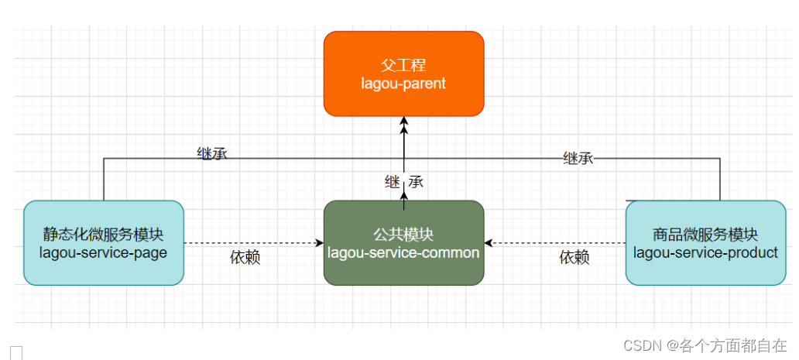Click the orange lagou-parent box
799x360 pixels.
pos(403,74)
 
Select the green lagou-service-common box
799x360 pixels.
pos(403,242)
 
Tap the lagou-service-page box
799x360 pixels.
pos(104,242)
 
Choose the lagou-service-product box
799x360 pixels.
pos(705,242)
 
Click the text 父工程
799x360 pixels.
pos(403,65)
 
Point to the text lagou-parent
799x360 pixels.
pos(403,83)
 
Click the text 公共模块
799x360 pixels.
pos(403,234)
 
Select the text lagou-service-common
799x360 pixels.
pos(403,252)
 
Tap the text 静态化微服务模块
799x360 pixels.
pos(104,234)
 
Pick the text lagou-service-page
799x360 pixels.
pos(104,252)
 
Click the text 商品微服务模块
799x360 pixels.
pos(705,234)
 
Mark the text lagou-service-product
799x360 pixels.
pos(705,252)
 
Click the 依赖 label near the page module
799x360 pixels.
pos(245,258)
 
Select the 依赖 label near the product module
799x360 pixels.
pos(574,258)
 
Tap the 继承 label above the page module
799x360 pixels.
pos(212,154)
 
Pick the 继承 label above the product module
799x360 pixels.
pos(578,158)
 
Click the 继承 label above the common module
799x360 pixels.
pos(404,183)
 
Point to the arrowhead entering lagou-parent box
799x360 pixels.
pos(403,121)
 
